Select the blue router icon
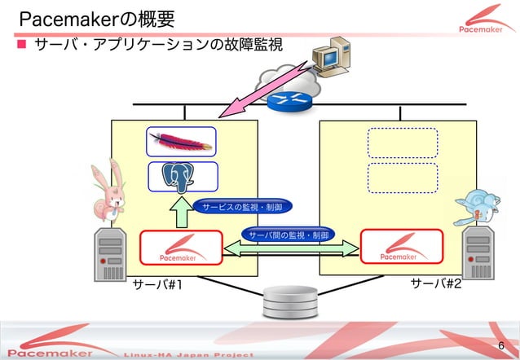pos(286,100)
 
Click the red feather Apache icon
pos(182,142)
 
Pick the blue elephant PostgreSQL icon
pos(182,176)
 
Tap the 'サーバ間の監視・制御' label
pos(289,235)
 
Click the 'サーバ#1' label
pos(158,285)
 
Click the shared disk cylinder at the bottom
pos(289,303)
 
